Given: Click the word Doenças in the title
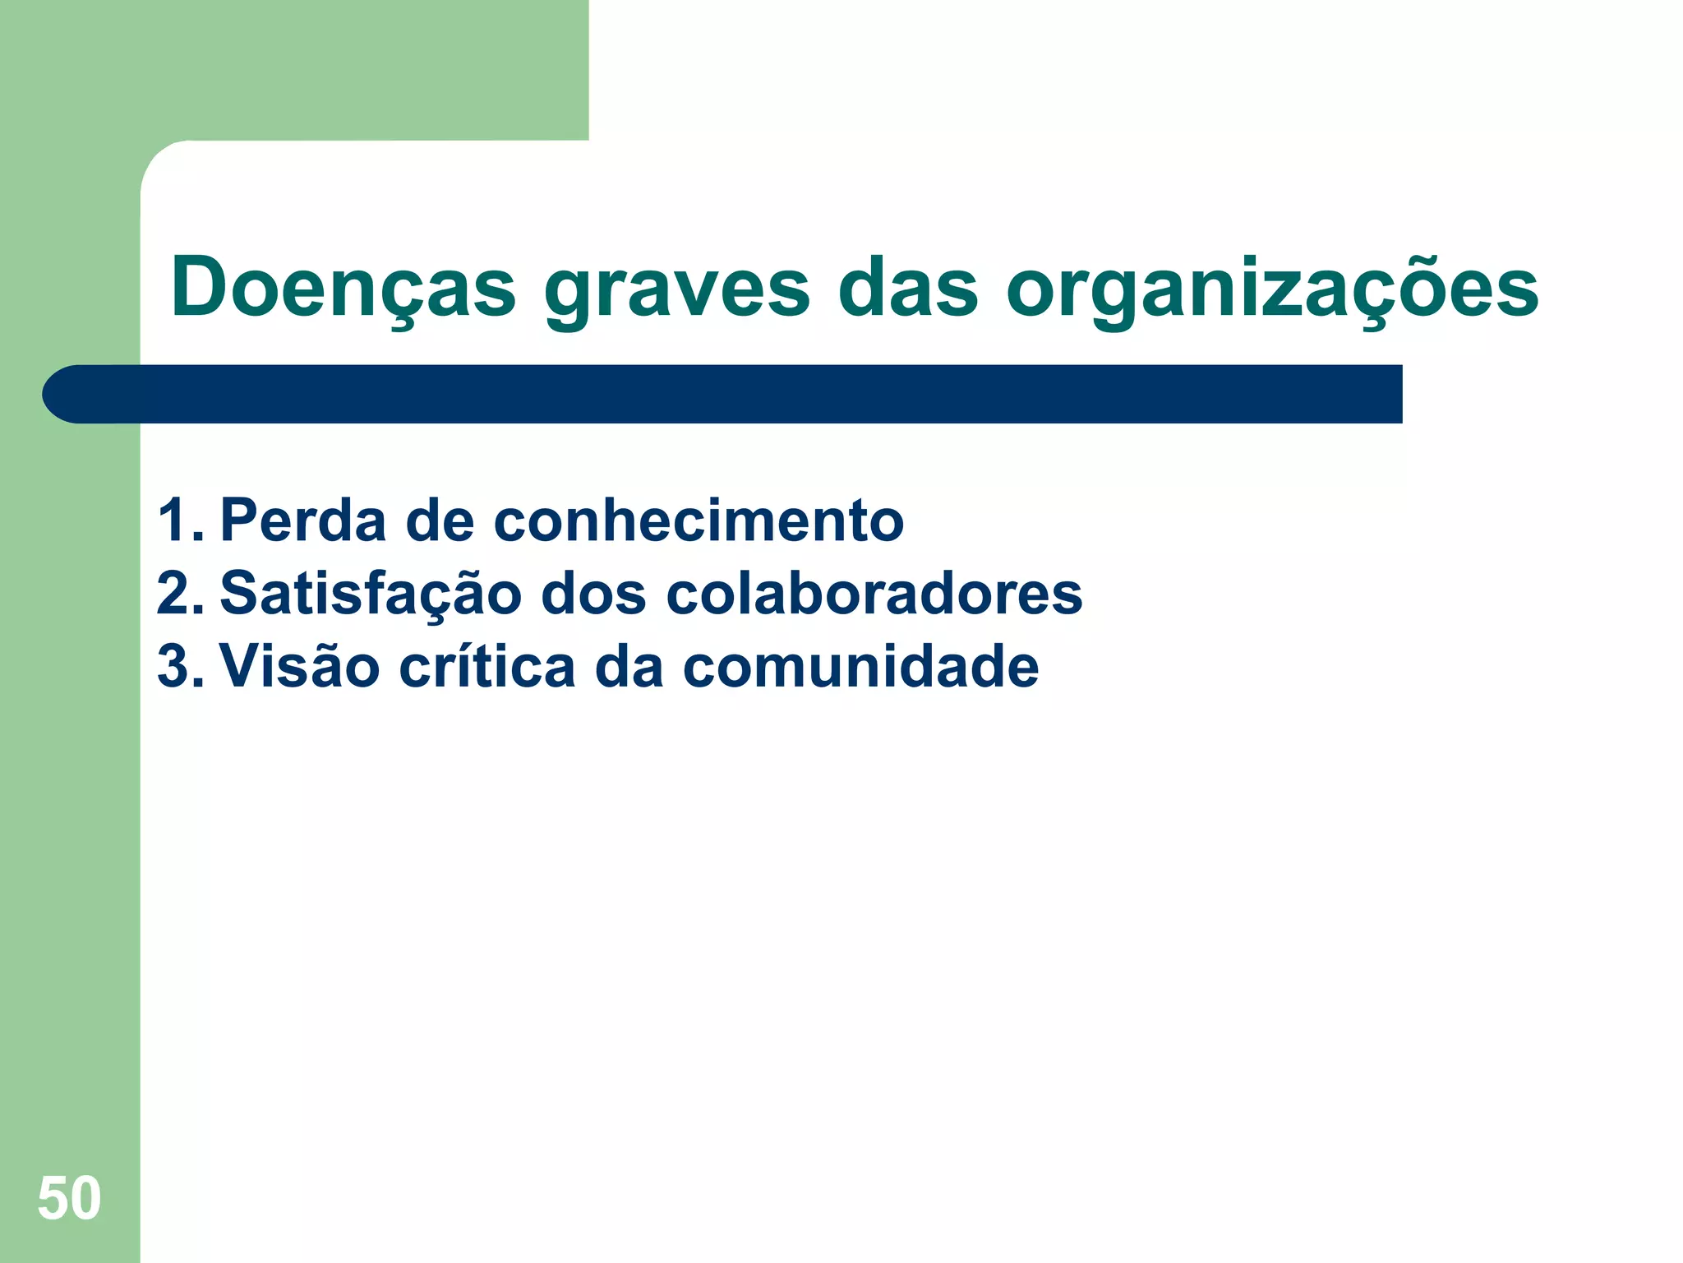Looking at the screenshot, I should point(343,288).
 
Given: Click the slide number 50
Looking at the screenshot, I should point(69,1199).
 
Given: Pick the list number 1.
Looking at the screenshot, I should point(178,520).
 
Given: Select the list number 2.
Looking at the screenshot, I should point(178,593).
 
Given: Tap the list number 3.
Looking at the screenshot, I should point(178,665).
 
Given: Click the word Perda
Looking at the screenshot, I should point(302,520).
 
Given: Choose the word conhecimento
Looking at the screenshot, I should point(699,521).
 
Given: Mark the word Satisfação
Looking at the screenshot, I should point(371,593).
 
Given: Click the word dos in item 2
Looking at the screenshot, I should point(593,594).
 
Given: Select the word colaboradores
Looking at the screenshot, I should point(874,594).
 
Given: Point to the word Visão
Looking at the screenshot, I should point(300,665).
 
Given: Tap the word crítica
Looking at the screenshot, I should point(487,665).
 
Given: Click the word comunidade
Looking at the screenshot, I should point(861,666).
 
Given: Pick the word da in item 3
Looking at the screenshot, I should point(629,666).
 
